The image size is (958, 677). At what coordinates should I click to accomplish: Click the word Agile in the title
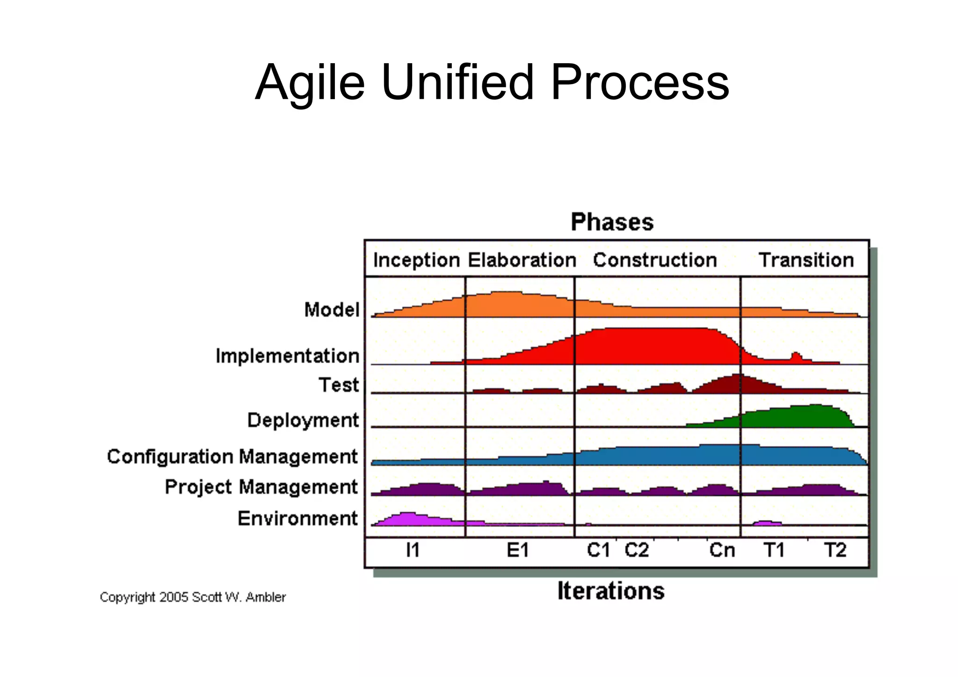pos(309,83)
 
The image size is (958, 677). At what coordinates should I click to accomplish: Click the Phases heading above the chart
pos(612,222)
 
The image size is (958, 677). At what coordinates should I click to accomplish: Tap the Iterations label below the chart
pos(611,591)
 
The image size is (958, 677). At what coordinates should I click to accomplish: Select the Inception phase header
pos(416,260)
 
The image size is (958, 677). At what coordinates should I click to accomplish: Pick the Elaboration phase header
pos(522,260)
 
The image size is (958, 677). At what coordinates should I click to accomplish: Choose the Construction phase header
pos(655,260)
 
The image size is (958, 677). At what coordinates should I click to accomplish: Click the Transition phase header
pos(806,260)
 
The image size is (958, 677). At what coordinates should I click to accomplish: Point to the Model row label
pos(332,310)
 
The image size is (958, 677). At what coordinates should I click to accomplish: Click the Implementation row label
pos(287,356)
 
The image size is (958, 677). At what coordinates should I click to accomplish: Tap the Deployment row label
pos(303,420)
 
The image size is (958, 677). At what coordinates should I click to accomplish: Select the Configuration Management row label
pos(232,457)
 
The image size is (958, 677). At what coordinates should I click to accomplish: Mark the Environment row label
pos(298,518)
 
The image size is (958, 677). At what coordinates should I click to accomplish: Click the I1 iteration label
pos(413,550)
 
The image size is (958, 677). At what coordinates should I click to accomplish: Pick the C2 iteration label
pos(637,550)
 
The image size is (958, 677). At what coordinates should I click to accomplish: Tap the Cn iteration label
pos(722,550)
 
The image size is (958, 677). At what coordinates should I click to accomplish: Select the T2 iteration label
pos(835,550)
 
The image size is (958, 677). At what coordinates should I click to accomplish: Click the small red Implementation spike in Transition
pos(796,357)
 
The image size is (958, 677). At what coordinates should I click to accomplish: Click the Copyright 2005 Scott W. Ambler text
pos(193,597)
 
